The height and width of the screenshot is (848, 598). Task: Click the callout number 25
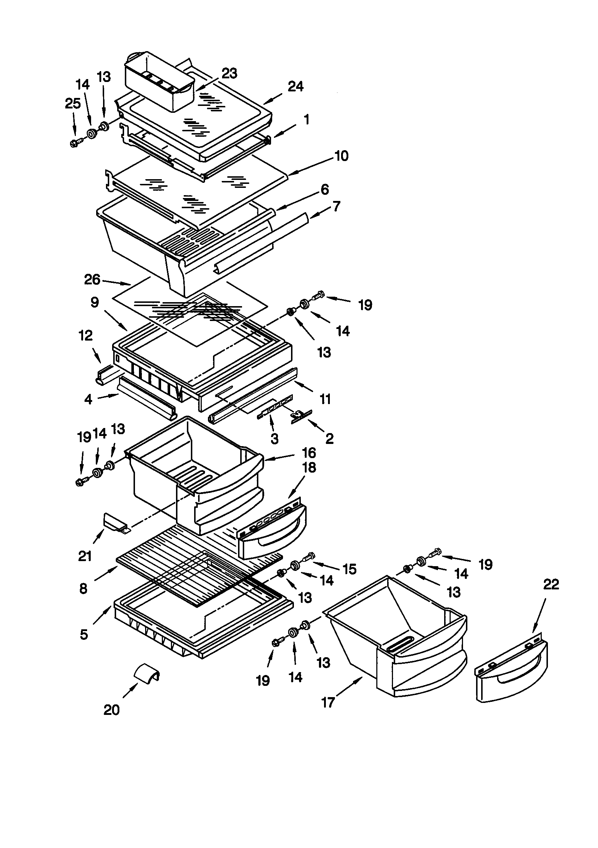[73, 104]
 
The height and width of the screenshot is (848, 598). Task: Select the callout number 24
[295, 86]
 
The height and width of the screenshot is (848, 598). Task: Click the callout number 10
[341, 156]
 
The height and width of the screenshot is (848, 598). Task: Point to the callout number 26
[92, 280]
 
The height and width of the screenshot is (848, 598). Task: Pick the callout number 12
[85, 336]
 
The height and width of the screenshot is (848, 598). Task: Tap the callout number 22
[551, 584]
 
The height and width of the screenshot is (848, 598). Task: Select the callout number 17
[328, 702]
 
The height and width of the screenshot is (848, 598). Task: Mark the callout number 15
[349, 569]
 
